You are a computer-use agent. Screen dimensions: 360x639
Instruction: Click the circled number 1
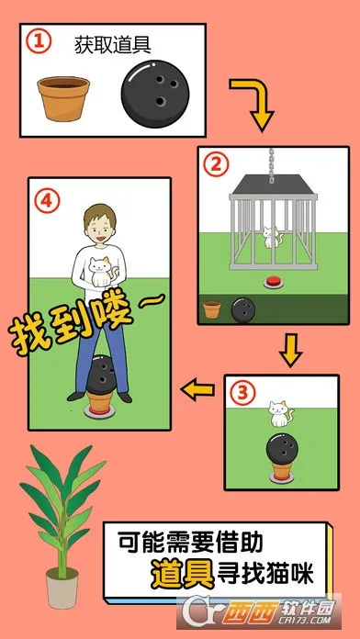pyautogui.click(x=39, y=42)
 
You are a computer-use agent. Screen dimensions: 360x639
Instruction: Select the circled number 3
pyautogui.click(x=243, y=393)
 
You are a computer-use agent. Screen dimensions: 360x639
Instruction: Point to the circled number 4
pyautogui.click(x=47, y=201)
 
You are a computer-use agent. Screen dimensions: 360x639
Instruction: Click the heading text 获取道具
pyautogui.click(x=113, y=45)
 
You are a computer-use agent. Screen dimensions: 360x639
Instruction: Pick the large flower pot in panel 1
pyautogui.click(x=63, y=98)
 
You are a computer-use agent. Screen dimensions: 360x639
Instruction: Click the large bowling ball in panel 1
pyautogui.click(x=155, y=95)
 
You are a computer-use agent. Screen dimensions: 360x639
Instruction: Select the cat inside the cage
pyautogui.click(x=270, y=238)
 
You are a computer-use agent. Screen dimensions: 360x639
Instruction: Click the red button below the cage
pyautogui.click(x=273, y=282)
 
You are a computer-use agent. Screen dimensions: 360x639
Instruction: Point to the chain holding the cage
pyautogui.click(x=272, y=164)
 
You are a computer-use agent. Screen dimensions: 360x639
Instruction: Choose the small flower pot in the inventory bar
pyautogui.click(x=212, y=309)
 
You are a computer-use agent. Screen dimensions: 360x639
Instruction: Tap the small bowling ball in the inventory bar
pyautogui.click(x=243, y=310)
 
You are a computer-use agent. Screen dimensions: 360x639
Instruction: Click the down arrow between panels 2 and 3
pyautogui.click(x=291, y=350)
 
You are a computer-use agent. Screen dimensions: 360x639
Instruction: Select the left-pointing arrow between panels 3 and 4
pyautogui.click(x=197, y=389)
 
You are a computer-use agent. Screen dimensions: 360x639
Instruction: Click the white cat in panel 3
pyautogui.click(x=280, y=414)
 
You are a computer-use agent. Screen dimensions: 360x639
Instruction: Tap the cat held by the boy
pyautogui.click(x=100, y=271)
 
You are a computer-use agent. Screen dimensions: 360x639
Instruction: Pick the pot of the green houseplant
pyautogui.click(x=62, y=588)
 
